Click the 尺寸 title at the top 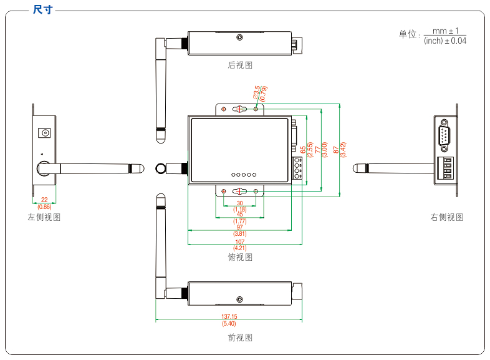point(43,10)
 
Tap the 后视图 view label point(240,65)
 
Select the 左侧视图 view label point(44,218)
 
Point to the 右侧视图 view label point(447,218)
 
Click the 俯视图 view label point(240,257)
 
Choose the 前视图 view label point(240,338)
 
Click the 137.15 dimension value point(229,317)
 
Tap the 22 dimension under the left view point(44,200)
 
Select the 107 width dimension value point(240,242)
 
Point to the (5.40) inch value point(229,324)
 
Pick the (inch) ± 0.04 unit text point(444,41)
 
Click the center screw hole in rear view point(240,38)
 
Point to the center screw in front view point(239,299)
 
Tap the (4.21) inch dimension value point(240,249)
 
